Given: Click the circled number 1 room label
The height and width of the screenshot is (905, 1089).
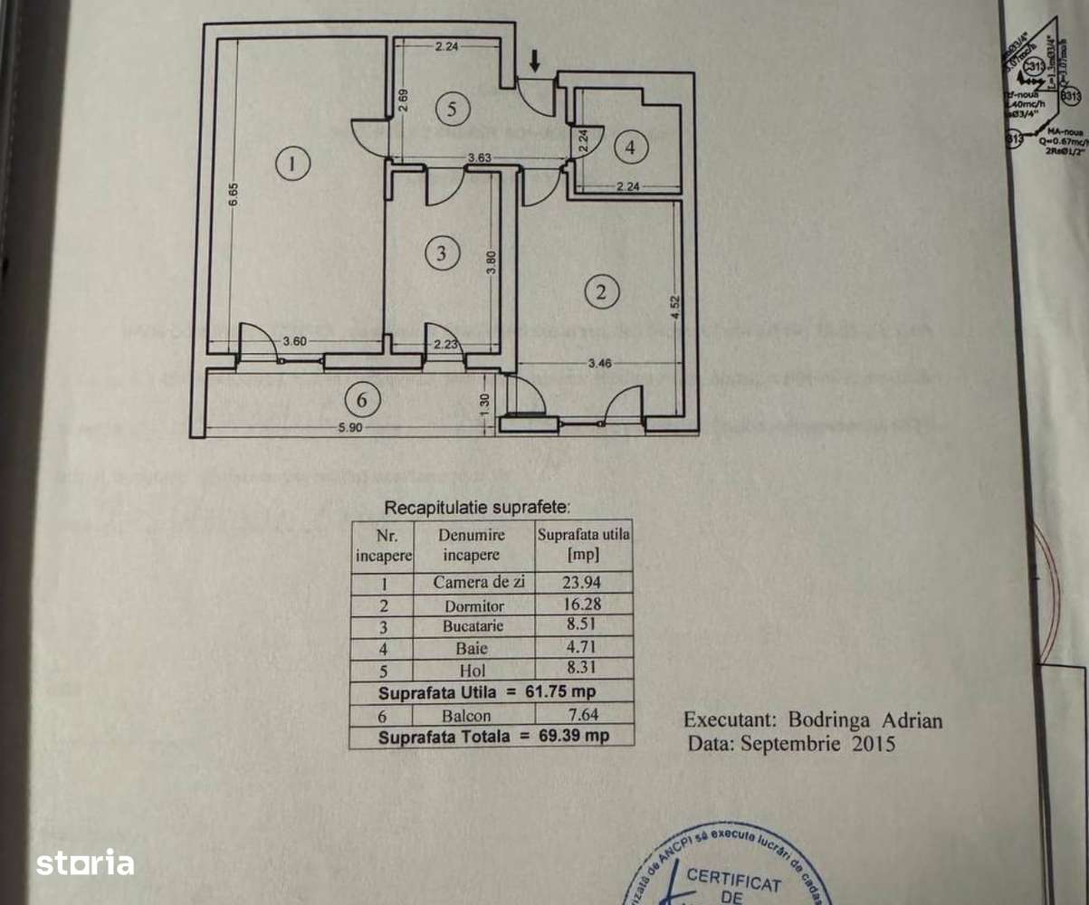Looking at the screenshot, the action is coord(291,164).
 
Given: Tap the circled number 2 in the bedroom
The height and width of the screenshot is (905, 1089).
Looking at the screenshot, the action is coord(601,291).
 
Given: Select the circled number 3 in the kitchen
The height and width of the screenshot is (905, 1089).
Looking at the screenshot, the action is coord(441,254).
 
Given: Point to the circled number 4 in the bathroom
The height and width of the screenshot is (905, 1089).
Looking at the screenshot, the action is coord(631,147).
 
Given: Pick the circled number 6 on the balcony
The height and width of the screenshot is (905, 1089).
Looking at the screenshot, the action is coord(361,398).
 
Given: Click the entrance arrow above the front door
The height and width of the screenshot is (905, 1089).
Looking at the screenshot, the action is coord(535,61).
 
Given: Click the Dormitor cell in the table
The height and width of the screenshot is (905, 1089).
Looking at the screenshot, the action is coord(474,605).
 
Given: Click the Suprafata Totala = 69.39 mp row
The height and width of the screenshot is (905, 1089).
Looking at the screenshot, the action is coord(492,737).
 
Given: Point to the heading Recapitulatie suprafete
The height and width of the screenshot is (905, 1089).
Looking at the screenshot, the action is coord(478,509).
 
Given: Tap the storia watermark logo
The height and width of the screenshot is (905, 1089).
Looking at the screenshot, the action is coord(85,862).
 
